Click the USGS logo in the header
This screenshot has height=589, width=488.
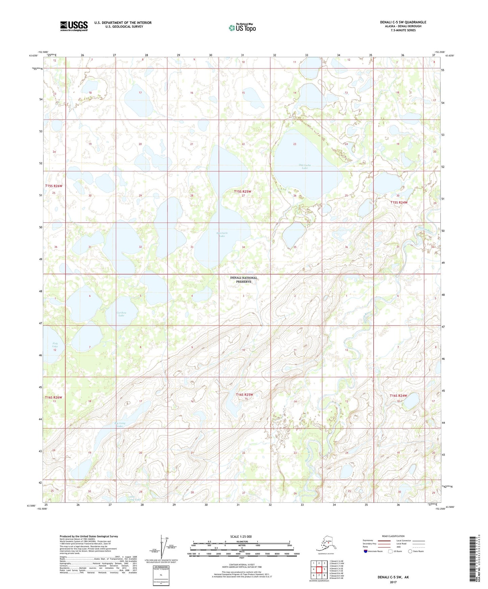click(x=74, y=26)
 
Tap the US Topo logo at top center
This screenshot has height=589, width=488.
click(x=242, y=27)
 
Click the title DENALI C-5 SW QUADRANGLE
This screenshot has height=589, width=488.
click(x=403, y=22)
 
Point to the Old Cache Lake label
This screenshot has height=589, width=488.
click(x=305, y=166)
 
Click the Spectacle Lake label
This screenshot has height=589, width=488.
click(x=222, y=234)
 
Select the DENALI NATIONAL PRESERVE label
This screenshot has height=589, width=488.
click(x=243, y=280)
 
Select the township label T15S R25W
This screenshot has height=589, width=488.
click(x=242, y=191)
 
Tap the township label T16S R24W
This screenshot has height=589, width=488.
click(x=398, y=396)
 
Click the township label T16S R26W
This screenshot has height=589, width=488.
click(x=54, y=397)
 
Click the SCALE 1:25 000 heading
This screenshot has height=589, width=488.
click(x=241, y=537)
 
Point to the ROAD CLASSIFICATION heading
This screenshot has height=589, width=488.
click(x=393, y=536)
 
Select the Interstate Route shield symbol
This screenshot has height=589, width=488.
click(x=366, y=551)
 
